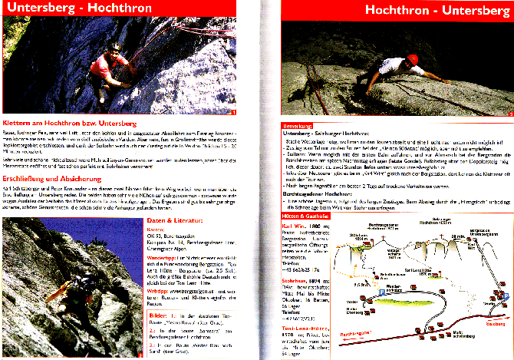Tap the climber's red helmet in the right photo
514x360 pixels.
tap(412, 60)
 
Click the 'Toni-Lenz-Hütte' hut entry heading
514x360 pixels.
tap(303, 328)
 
